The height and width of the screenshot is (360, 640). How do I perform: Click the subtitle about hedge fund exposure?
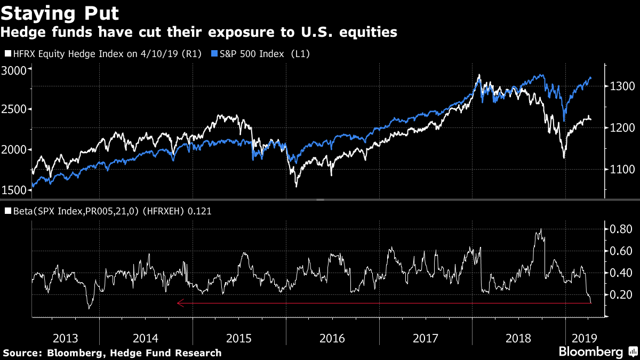(198, 33)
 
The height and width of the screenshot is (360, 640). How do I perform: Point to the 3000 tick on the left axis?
(14, 70)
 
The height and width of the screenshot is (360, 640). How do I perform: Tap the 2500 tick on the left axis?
(14, 110)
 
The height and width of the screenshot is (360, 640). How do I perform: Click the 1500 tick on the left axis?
(14, 190)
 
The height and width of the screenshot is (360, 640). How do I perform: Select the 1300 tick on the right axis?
(622, 86)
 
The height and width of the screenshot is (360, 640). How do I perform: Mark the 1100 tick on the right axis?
(622, 170)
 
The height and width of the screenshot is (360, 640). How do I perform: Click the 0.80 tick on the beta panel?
(621, 229)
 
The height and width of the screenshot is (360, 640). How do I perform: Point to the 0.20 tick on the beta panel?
(621, 295)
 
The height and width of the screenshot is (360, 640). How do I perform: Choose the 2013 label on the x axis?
(66, 338)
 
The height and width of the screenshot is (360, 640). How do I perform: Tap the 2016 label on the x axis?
(332, 338)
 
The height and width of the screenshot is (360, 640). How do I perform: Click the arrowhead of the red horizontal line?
(180, 303)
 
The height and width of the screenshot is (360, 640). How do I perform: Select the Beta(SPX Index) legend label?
(109, 211)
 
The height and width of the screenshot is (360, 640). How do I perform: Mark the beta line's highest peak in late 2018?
(541, 229)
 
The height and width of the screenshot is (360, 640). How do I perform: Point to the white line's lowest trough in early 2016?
(296, 186)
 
